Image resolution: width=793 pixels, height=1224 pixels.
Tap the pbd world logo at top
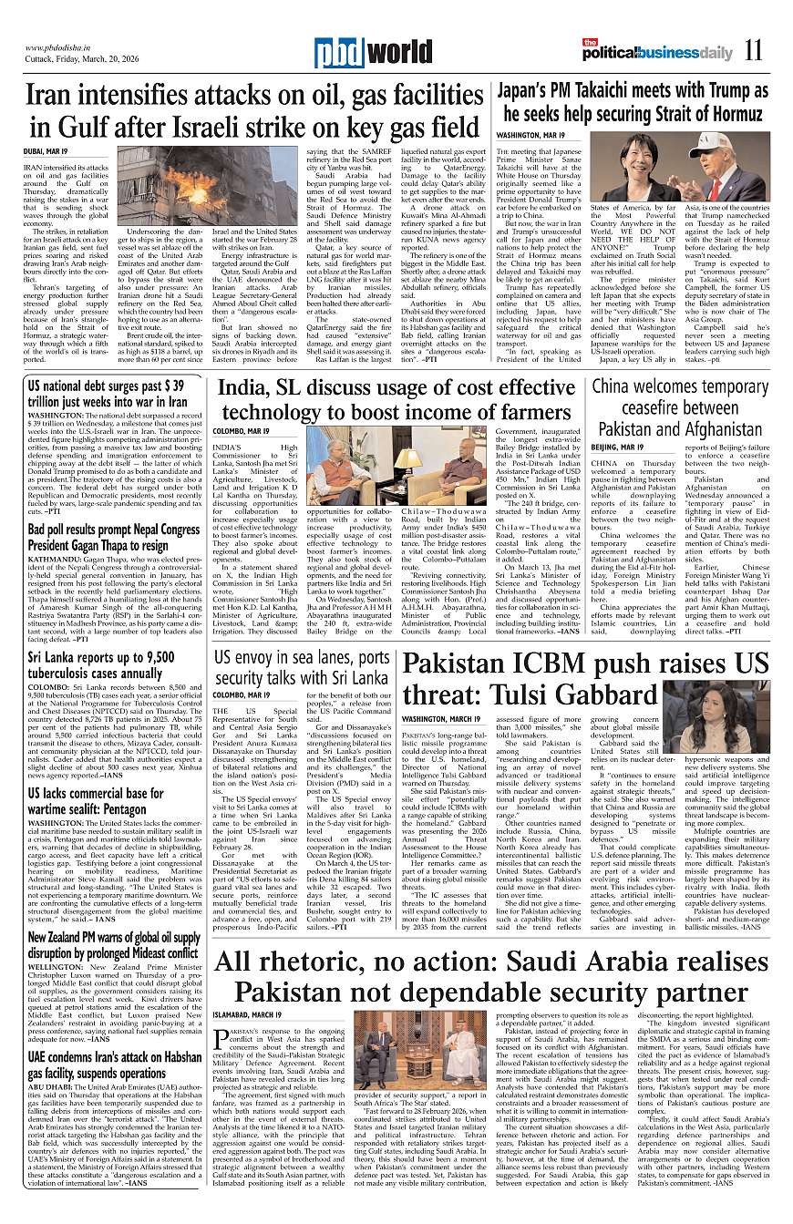364,54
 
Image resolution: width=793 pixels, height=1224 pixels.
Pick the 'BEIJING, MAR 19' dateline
616,448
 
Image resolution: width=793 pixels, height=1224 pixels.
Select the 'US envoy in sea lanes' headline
303,668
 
